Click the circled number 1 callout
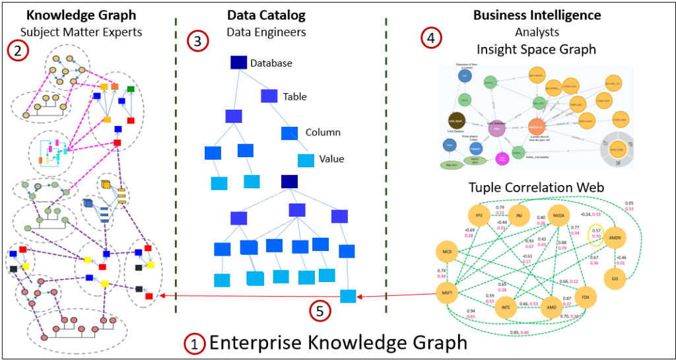coord(193,343)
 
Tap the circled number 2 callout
coord(17,50)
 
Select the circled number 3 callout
coord(197,42)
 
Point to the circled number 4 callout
coord(431,38)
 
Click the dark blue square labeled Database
coord(238,63)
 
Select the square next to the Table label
coord(269,96)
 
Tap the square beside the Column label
coord(290,133)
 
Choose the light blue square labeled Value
coord(306,160)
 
